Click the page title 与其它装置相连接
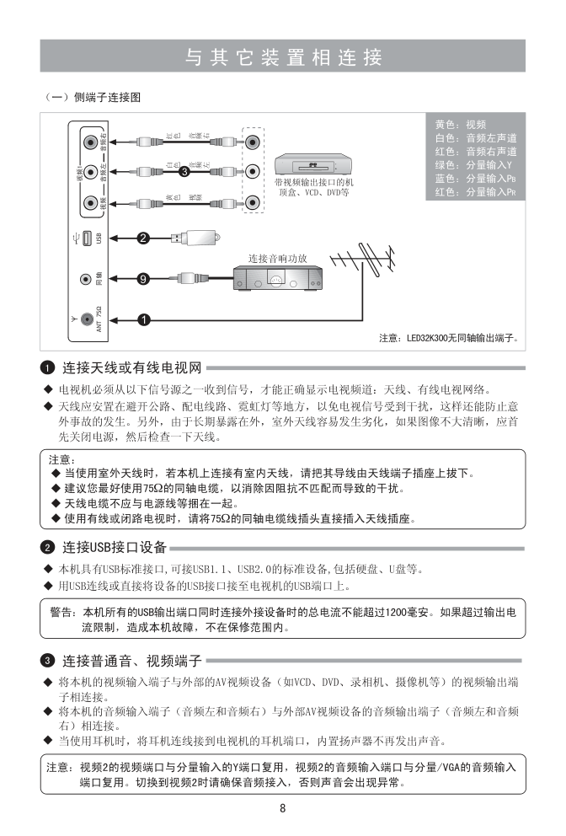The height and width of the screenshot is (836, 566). [x=283, y=56]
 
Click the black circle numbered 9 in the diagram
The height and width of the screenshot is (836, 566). [x=143, y=278]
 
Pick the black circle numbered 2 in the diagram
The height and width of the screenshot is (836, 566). [x=143, y=238]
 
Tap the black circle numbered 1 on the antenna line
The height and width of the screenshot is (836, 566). [x=143, y=319]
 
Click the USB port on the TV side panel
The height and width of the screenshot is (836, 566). [x=86, y=238]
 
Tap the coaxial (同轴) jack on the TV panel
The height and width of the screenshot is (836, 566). [x=85, y=278]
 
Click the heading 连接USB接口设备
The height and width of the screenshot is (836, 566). [x=115, y=548]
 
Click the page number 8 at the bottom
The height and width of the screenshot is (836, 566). [x=283, y=808]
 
